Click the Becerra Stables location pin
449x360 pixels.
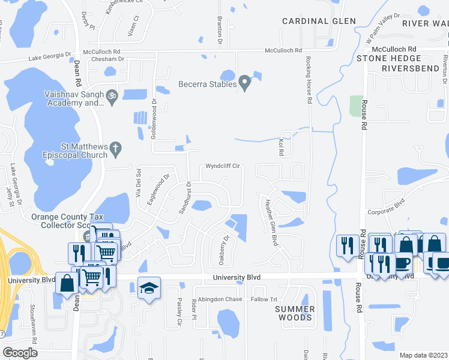(244, 82)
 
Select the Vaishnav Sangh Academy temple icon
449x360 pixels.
(112, 95)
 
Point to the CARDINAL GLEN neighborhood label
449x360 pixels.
(319, 21)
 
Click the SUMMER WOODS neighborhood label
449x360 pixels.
(295, 313)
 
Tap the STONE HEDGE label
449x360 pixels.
(387, 58)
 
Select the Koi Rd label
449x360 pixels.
(280, 147)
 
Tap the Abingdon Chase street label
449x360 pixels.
(220, 299)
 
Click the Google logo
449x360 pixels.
(20, 353)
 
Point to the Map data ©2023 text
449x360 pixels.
(423, 355)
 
